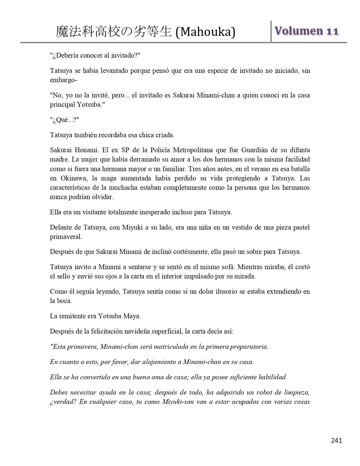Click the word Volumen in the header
point(298,31)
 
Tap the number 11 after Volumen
point(332,31)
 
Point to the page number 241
point(336,440)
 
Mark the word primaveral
point(66,237)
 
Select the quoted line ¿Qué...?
point(64,120)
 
